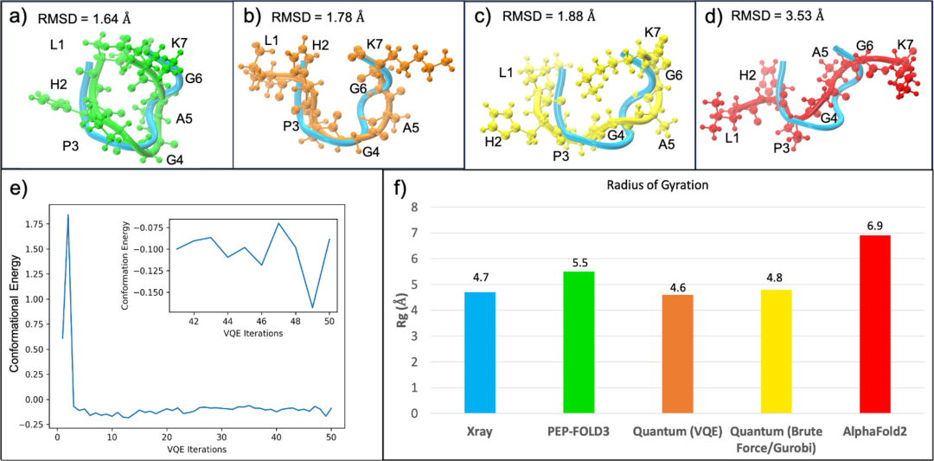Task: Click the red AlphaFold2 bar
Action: pos(875,324)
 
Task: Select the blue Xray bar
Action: pos(481,353)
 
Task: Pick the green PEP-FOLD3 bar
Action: pos(579,343)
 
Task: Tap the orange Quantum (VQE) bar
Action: pos(677,354)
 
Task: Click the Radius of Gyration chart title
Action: pos(655,186)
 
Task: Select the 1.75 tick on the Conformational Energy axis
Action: pos(35,224)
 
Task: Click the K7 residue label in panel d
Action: pos(905,44)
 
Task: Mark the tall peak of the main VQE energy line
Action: pos(67,215)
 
